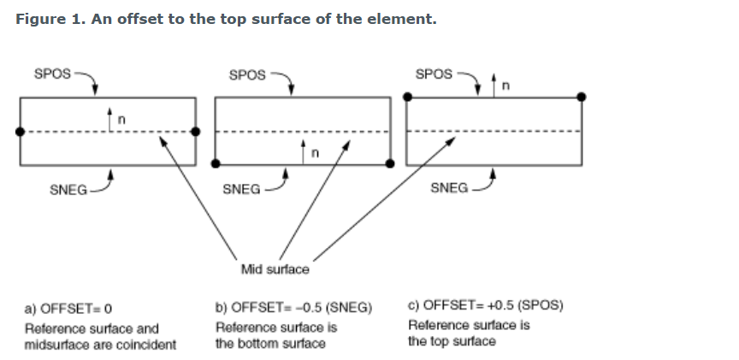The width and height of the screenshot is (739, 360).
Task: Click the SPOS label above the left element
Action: [52, 74]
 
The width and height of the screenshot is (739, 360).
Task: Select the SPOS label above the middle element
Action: [248, 75]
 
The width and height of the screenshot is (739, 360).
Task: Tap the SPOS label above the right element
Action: [434, 74]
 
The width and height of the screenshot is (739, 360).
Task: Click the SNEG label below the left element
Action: [68, 190]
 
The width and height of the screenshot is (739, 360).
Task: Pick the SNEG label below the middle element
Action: [241, 189]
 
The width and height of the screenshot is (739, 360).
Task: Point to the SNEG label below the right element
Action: [449, 187]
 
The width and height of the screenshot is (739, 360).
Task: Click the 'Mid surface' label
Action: [275, 269]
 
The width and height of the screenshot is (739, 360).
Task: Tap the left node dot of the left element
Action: [20, 131]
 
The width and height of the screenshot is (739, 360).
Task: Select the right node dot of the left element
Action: [196, 131]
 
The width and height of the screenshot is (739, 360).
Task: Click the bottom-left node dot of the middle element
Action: [215, 163]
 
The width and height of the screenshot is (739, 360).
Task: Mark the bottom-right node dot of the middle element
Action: [390, 163]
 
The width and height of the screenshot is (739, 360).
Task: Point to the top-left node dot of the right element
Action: [406, 97]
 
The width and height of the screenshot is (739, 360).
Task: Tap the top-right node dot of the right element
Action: [582, 97]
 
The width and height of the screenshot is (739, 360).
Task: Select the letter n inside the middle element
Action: [315, 154]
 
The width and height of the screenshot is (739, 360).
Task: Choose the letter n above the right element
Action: [505, 86]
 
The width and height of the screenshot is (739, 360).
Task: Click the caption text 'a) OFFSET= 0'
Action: [69, 307]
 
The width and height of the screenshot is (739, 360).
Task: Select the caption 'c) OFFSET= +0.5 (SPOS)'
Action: [486, 305]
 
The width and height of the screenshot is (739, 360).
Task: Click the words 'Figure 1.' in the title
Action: [50, 19]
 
